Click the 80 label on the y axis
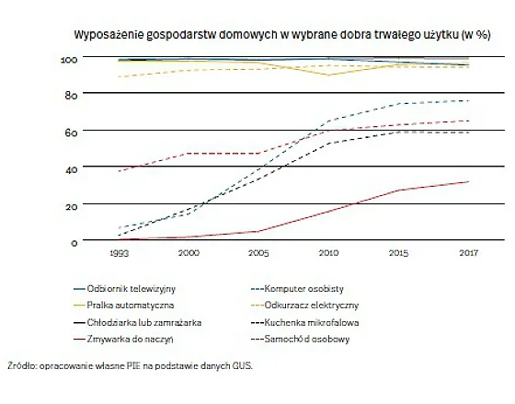click(x=68, y=95)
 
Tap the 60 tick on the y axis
click(x=68, y=132)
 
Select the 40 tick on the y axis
click(x=68, y=168)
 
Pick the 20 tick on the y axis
click(x=68, y=205)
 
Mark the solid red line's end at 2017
click(x=468, y=181)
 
